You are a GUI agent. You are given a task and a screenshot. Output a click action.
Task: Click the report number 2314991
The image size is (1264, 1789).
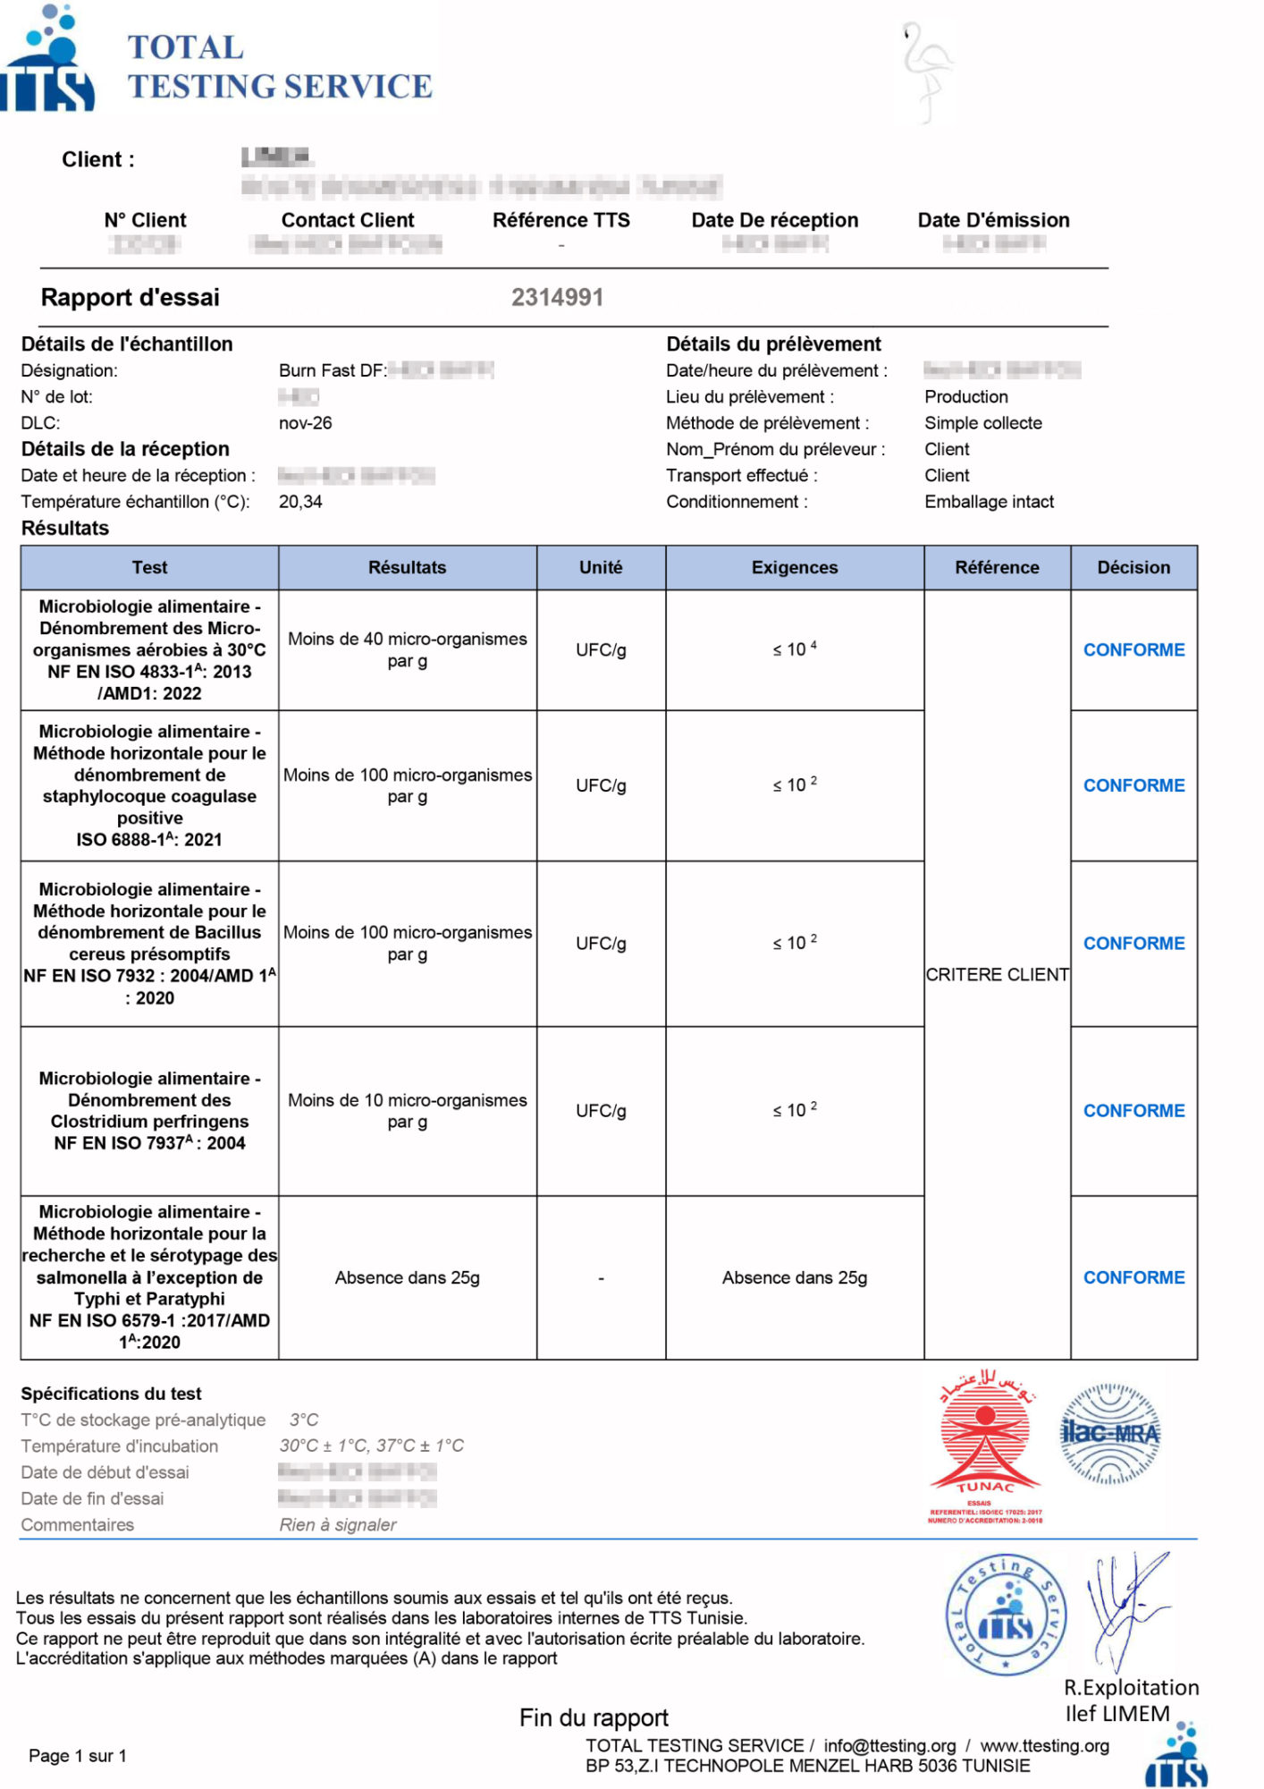[x=557, y=297]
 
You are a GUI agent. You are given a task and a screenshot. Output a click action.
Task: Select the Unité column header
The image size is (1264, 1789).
[x=601, y=567]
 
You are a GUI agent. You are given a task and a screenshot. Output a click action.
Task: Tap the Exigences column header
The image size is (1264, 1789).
[x=794, y=567]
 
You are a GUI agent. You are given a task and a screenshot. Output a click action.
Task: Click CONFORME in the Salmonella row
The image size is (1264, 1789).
[x=1133, y=1277]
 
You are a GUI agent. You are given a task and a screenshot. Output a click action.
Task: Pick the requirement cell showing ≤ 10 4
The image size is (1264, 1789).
[x=794, y=649]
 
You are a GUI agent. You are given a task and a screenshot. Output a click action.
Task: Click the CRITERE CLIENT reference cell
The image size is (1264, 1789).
[x=997, y=974]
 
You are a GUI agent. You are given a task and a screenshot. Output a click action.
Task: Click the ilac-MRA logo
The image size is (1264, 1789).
[x=1109, y=1434]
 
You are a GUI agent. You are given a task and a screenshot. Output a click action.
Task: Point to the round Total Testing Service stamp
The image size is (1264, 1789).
[x=1006, y=1615]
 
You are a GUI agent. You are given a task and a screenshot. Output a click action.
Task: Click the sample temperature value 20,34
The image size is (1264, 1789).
[x=300, y=502]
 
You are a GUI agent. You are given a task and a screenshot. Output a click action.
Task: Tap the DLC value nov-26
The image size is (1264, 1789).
[x=305, y=423]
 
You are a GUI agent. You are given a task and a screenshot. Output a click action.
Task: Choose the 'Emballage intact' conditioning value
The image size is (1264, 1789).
[x=989, y=502]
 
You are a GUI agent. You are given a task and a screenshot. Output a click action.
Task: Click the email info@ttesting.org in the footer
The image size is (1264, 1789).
[x=889, y=1745]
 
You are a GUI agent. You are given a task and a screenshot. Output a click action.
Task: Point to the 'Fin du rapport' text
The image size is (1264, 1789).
[x=594, y=1717]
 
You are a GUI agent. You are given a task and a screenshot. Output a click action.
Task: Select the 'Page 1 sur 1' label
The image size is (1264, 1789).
[x=77, y=1756]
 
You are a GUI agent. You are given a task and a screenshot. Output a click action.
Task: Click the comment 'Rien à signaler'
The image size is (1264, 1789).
[x=338, y=1524]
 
